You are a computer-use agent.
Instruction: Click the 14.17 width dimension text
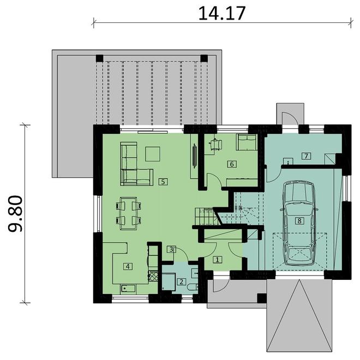[222, 13]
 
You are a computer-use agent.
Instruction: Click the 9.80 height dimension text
[15, 213]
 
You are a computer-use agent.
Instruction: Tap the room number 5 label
[163, 182]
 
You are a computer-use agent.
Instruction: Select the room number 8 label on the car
[299, 221]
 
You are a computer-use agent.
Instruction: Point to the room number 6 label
[232, 164]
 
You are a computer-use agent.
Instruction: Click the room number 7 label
[307, 156]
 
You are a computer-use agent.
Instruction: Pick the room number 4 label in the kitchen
[128, 266]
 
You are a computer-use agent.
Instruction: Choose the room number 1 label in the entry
[218, 260]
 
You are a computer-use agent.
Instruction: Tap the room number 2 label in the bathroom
[182, 281]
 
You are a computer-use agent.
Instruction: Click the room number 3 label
[171, 249]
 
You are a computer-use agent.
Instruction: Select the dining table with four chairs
[129, 213]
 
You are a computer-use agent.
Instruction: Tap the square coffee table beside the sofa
[153, 154]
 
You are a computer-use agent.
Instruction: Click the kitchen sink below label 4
[128, 289]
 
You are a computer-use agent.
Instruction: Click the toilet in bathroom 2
[193, 287]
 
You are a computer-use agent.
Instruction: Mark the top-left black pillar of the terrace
[99, 58]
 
